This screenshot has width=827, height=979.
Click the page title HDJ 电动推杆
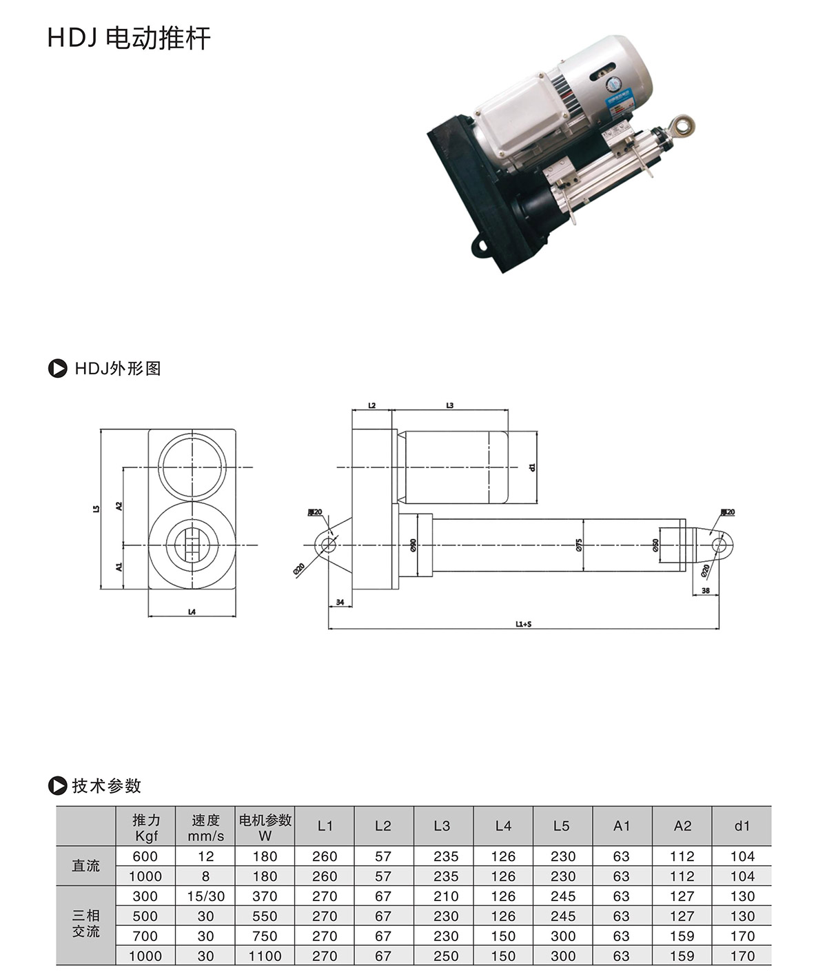[129, 38]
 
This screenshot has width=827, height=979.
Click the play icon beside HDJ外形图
[57, 369]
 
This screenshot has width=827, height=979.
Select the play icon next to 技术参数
[57, 785]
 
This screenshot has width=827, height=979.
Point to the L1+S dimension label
[523, 624]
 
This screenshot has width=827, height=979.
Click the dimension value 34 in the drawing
[340, 602]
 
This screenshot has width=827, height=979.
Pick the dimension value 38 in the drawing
[705, 591]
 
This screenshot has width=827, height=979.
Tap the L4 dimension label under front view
[192, 612]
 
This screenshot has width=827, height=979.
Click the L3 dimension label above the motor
[449, 405]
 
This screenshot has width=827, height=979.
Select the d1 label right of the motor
[532, 467]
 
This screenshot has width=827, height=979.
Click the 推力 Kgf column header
[146, 827]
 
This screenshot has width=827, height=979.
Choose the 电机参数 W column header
[265, 827]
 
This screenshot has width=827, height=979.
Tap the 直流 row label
[86, 866]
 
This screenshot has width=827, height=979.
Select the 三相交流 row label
[86, 924]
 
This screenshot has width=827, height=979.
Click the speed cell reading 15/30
[205, 896]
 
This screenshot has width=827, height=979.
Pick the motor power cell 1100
[265, 956]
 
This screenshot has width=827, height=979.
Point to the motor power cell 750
[265, 936]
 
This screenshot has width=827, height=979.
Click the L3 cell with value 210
[445, 896]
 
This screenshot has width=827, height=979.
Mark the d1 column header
[742, 826]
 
